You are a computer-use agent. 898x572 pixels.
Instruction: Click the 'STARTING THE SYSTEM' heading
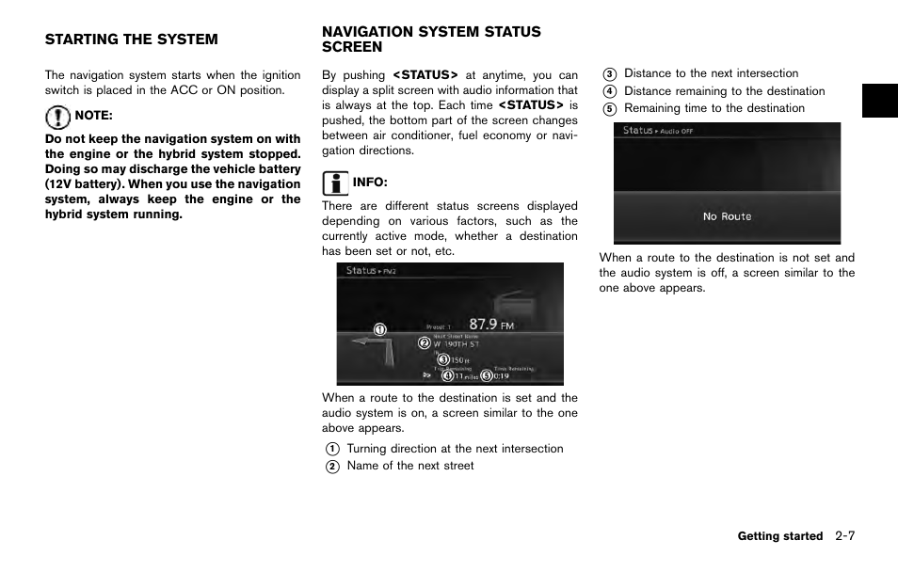point(131,40)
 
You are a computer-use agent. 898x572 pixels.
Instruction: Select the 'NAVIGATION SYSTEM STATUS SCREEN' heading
point(431,39)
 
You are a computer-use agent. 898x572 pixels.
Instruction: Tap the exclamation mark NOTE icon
point(57,118)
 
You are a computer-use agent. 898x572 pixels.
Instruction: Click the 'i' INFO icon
point(334,183)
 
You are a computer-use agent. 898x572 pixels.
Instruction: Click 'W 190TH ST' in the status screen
point(457,344)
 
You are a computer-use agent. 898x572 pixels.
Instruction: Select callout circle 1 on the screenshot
point(379,329)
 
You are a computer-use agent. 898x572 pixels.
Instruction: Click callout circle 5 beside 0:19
point(486,375)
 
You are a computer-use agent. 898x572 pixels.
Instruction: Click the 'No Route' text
point(727,216)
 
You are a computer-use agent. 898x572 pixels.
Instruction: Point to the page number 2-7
point(843,535)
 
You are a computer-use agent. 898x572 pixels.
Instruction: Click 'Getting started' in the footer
point(779,536)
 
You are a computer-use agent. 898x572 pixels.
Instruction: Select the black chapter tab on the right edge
point(879,100)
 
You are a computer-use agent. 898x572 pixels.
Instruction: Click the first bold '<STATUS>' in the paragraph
point(425,75)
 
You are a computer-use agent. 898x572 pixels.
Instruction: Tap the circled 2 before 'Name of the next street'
point(332,467)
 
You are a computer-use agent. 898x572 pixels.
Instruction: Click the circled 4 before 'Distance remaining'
point(610,91)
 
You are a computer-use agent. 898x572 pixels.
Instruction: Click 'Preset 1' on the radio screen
point(438,327)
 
